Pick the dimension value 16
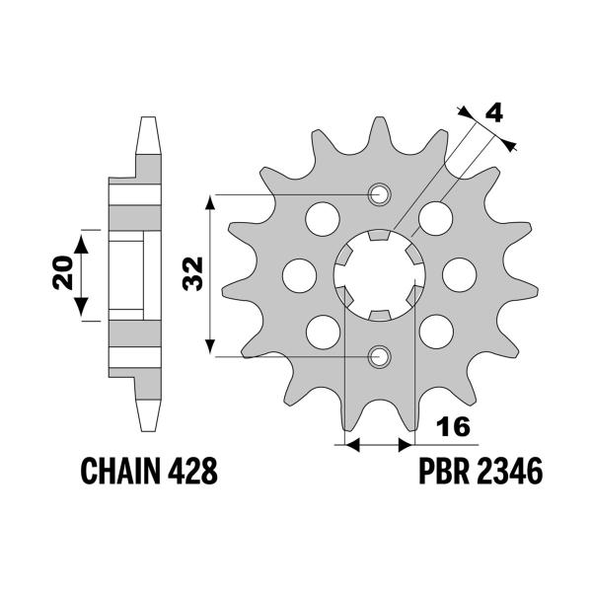pos(454,427)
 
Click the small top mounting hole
pos(376,194)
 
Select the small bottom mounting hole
pos(376,355)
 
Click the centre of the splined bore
pos(376,274)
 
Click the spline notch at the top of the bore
pos(376,237)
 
